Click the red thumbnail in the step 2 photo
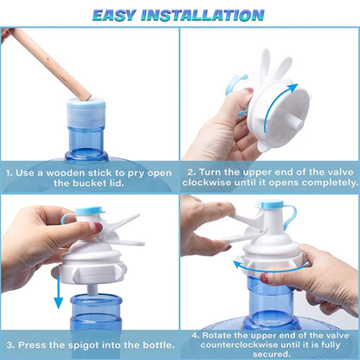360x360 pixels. point(247,91)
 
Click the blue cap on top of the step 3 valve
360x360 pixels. point(89,210)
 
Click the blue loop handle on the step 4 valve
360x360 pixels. point(291,216)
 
